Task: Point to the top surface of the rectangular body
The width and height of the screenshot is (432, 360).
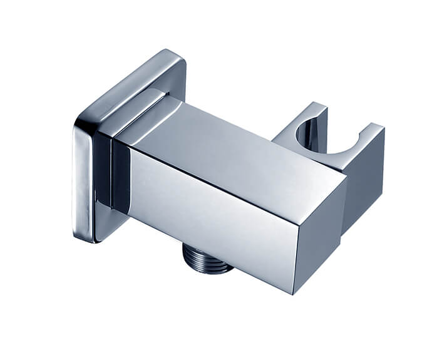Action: pyautogui.click(x=232, y=141)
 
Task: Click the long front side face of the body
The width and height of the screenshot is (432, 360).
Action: pyautogui.click(x=207, y=207)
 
